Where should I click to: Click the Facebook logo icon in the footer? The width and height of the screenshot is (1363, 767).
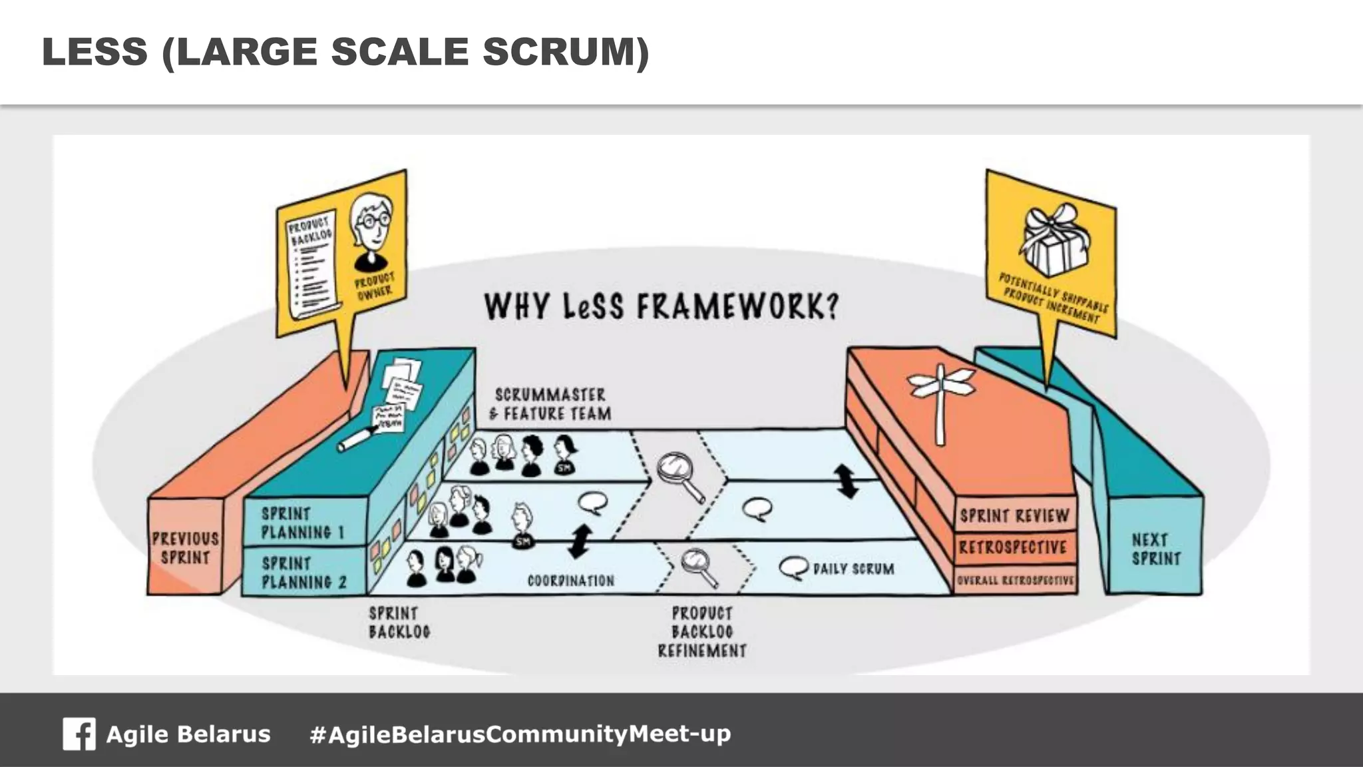pyautogui.click(x=79, y=734)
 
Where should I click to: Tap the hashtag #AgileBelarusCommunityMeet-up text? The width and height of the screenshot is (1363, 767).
pyautogui.click(x=520, y=734)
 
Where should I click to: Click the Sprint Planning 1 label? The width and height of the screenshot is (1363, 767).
pyautogui.click(x=303, y=523)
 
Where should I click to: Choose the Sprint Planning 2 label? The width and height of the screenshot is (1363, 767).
pyautogui.click(x=304, y=573)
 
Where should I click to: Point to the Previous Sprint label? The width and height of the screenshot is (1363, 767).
pyautogui.click(x=185, y=548)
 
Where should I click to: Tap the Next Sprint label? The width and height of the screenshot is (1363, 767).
pyautogui.click(x=1156, y=549)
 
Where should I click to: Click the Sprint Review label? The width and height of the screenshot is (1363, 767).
pyautogui.click(x=1014, y=516)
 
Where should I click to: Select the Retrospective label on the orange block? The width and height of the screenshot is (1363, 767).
pyautogui.click(x=1013, y=547)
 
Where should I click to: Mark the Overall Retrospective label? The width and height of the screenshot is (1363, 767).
pyautogui.click(x=1016, y=580)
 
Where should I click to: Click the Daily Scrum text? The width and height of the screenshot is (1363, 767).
pyautogui.click(x=854, y=569)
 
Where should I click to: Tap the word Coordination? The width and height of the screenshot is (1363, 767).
pyautogui.click(x=571, y=581)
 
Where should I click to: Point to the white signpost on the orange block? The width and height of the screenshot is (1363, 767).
pyautogui.click(x=940, y=399)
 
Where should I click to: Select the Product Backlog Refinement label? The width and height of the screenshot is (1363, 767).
pyautogui.click(x=702, y=631)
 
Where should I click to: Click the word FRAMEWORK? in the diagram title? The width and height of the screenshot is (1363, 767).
pyautogui.click(x=738, y=307)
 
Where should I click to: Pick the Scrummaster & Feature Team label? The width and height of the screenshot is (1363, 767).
pyautogui.click(x=550, y=404)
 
